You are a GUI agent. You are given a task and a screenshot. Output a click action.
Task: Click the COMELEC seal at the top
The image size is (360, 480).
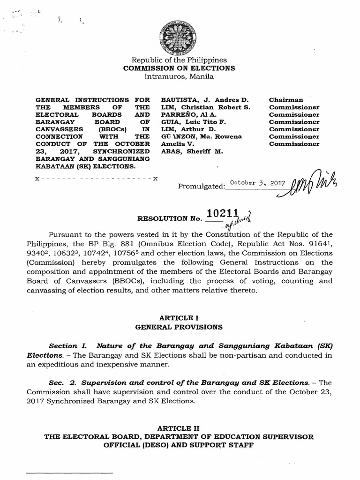point(179,38)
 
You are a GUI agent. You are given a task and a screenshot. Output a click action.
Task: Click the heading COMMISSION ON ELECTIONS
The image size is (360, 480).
point(179,68)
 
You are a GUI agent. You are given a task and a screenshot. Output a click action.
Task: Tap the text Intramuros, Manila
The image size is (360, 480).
point(179,76)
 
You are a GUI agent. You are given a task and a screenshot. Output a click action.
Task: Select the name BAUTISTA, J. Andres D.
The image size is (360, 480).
point(204,100)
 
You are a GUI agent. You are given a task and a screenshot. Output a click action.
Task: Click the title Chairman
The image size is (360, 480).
point(286,100)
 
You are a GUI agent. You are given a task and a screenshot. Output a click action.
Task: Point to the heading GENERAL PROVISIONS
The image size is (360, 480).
point(179,326)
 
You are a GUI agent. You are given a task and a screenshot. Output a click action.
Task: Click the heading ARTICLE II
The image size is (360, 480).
point(179,428)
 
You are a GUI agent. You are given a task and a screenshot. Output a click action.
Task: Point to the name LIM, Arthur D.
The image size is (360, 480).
point(188,129)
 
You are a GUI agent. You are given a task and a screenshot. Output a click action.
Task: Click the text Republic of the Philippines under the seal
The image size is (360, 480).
point(179,60)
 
